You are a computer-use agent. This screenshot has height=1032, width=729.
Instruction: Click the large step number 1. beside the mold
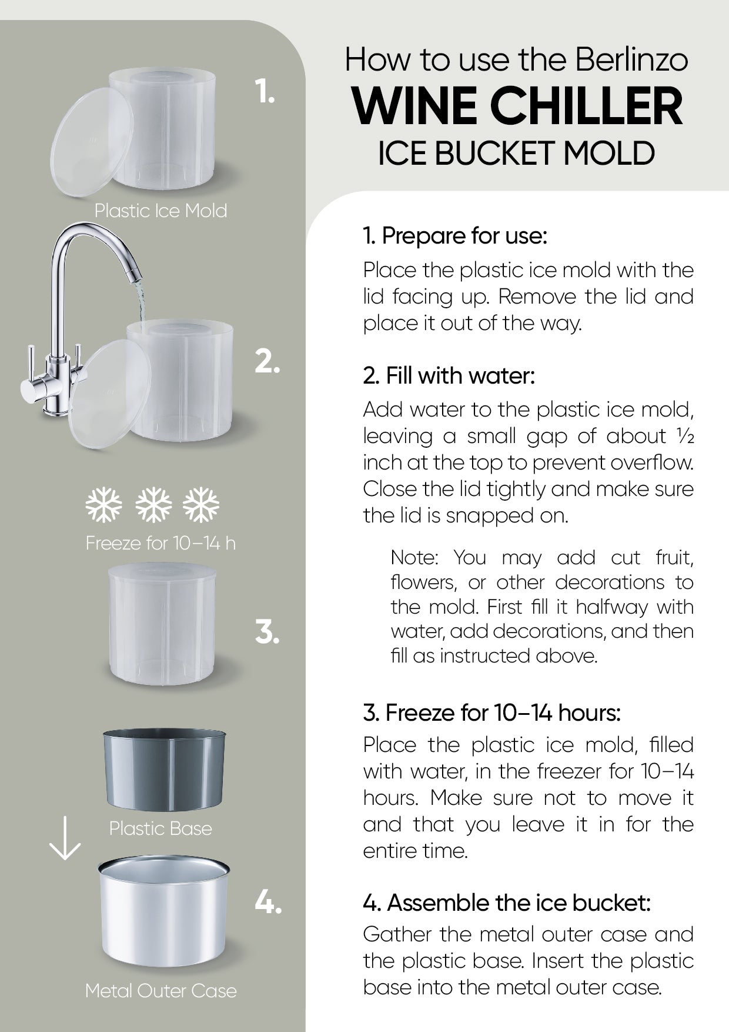pyautogui.click(x=265, y=92)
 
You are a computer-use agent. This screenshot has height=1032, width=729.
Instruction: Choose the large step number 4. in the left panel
pyautogui.click(x=268, y=901)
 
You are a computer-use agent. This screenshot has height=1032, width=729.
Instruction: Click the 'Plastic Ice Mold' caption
pyautogui.click(x=160, y=211)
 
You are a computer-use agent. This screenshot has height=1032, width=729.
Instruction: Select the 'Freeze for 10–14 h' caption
pyautogui.click(x=160, y=542)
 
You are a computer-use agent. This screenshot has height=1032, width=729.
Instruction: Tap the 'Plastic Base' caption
pyautogui.click(x=160, y=828)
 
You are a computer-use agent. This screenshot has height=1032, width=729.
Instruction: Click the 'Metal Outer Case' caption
pyautogui.click(x=160, y=991)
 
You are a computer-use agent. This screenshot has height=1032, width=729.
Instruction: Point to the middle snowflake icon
pyautogui.click(x=153, y=505)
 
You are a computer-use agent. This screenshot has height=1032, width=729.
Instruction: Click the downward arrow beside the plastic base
pyautogui.click(x=64, y=838)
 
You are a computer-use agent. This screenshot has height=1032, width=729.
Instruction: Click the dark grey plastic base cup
pyautogui.click(x=165, y=770)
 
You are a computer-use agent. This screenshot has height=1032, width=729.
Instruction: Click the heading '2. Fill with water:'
pyautogui.click(x=449, y=376)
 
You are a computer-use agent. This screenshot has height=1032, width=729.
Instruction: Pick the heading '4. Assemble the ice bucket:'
pyautogui.click(x=507, y=903)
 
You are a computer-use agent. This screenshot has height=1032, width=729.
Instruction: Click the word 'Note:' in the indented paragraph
pyautogui.click(x=414, y=557)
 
